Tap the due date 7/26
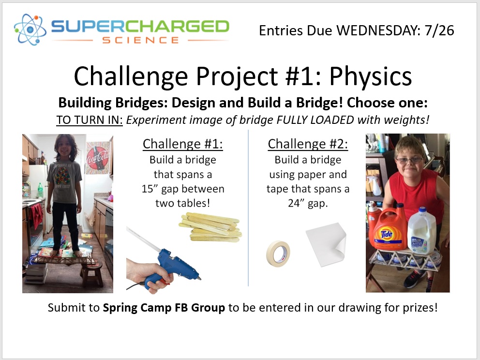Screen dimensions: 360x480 point(440,30)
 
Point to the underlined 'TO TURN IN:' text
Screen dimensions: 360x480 point(90,120)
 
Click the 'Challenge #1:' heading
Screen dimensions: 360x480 point(183,144)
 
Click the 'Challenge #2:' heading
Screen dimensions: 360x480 point(308,144)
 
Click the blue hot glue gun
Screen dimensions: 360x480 point(169,259)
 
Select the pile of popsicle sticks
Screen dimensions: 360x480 point(211,227)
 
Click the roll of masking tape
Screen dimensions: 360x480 point(278,253)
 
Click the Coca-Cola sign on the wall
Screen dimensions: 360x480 point(99,157)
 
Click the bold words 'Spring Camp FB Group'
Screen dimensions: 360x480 point(164,308)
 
